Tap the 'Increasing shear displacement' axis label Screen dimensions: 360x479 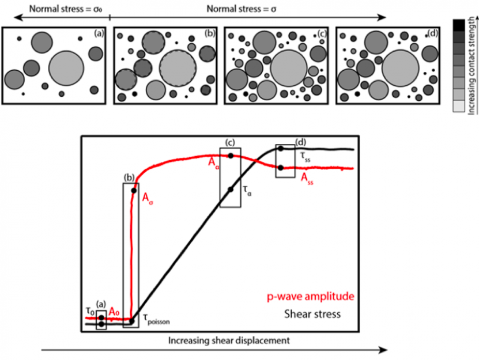point(228,340)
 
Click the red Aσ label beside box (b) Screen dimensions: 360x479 point(148,198)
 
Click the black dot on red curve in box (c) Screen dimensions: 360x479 point(231,156)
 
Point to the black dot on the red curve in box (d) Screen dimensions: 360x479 point(281,168)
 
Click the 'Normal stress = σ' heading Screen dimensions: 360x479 point(238,9)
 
